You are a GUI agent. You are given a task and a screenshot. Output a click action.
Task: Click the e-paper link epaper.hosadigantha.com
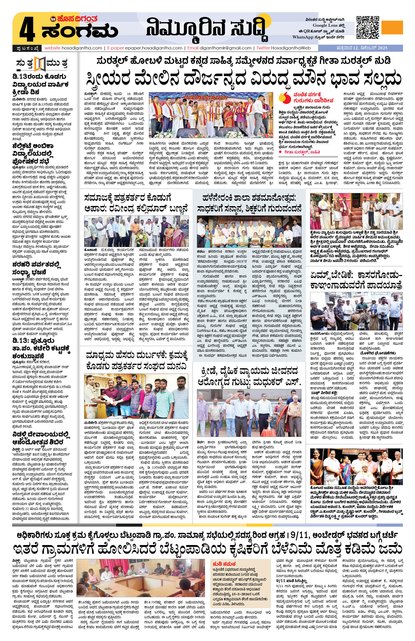(x=152, y=48)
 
